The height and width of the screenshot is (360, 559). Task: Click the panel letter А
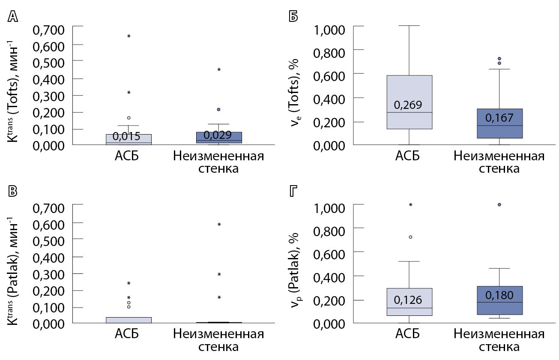(13, 16)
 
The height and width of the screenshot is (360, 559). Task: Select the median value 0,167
(499, 118)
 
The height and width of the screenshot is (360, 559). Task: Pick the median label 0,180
(499, 295)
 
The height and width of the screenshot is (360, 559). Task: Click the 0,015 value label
(126, 137)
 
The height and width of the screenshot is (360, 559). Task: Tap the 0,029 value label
(218, 135)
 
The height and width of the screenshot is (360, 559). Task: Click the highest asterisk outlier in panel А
(129, 36)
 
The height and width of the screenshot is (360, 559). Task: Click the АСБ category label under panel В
(128, 333)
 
